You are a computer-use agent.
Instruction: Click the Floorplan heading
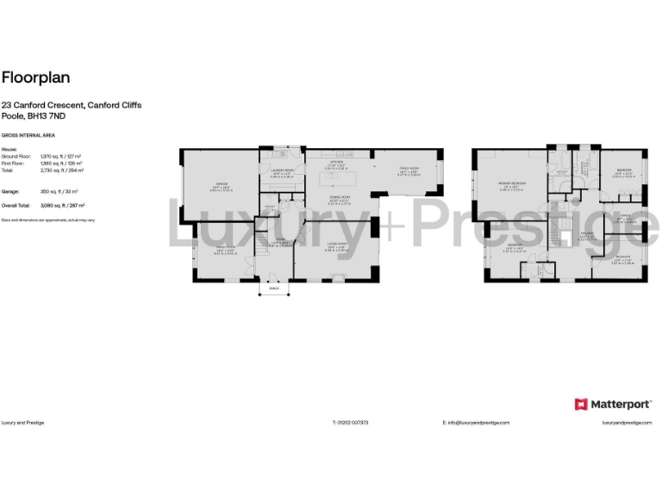click(36, 77)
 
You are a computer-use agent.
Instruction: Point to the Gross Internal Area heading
click(22, 136)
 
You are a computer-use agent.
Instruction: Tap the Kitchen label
click(338, 161)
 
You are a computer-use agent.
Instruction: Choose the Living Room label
click(335, 245)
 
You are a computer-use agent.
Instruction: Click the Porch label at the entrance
click(274, 288)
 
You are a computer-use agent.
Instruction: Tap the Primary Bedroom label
click(512, 185)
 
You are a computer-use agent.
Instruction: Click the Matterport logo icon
click(581, 404)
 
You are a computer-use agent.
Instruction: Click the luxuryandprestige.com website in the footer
click(624, 423)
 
